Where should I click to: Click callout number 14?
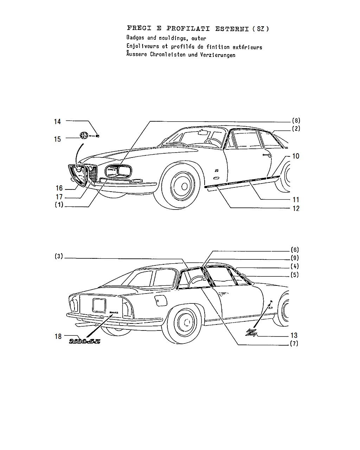click(x=57, y=122)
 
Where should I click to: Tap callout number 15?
click(x=57, y=139)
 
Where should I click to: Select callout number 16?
click(x=59, y=188)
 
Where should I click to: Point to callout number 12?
click(x=296, y=208)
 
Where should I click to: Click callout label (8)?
click(x=296, y=121)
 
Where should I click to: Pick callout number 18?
click(x=58, y=336)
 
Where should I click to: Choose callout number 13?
click(x=294, y=335)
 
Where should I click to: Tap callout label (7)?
click(x=294, y=343)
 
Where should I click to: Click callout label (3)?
click(x=59, y=256)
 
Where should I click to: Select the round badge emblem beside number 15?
click(x=84, y=136)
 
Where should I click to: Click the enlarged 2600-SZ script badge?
click(x=84, y=341)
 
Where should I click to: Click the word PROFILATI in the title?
click(x=188, y=28)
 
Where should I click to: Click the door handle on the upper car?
click(x=267, y=155)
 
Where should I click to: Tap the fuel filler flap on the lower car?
click(x=160, y=301)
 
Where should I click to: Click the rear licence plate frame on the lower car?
click(x=99, y=306)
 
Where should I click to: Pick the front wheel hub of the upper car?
click(x=184, y=186)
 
